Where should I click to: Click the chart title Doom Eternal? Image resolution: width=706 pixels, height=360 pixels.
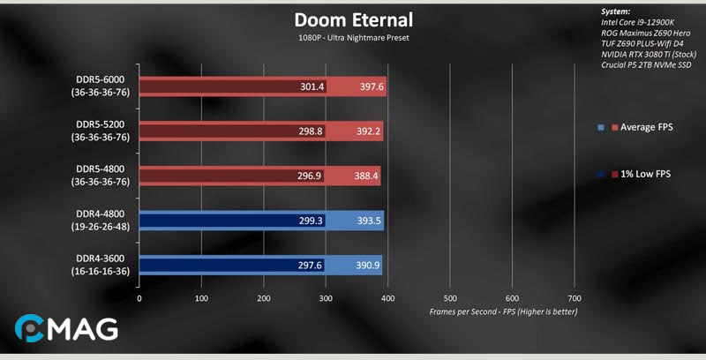(352, 19)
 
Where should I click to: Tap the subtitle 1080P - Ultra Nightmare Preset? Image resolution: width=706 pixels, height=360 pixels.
(352, 39)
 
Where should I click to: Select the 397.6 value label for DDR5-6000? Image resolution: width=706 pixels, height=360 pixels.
(366, 86)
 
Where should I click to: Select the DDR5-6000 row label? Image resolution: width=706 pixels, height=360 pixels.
(102, 86)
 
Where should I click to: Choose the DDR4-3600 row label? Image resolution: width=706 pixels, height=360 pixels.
(102, 265)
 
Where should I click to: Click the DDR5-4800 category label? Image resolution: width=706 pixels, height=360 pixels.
(102, 175)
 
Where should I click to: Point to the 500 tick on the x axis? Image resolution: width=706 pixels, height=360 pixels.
(450, 298)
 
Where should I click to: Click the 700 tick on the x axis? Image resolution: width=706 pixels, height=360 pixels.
(575, 298)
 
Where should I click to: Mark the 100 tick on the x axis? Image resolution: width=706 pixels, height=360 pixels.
(201, 298)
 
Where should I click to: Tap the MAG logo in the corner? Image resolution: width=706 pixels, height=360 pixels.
(66, 330)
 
